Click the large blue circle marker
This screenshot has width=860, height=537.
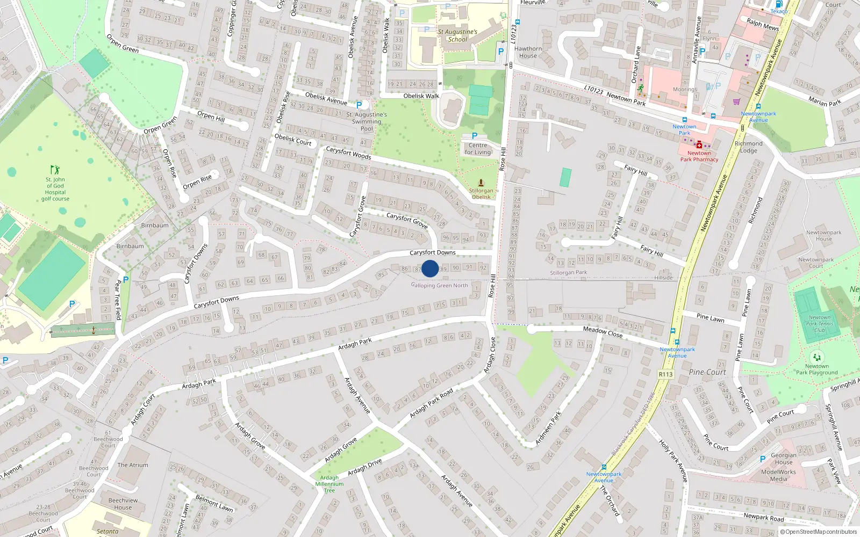tap(430, 268)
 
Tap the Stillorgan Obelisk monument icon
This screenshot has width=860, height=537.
tap(481, 183)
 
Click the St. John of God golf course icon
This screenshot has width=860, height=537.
tap(55, 170)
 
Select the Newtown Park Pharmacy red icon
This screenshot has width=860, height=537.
tap(699, 145)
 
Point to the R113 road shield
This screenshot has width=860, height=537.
tap(665, 374)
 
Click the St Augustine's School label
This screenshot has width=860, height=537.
tap(457, 35)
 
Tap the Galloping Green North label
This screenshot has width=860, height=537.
tap(440, 286)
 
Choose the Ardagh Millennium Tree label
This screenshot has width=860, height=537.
tap(329, 484)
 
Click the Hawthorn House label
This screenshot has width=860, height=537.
tap(528, 52)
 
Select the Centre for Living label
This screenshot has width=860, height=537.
tap(477, 149)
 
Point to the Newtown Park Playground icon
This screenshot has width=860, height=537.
tap(817, 357)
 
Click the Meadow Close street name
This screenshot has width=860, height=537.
tap(603, 332)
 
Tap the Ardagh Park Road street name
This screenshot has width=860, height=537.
tap(431, 403)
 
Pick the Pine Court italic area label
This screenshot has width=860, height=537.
tap(707, 372)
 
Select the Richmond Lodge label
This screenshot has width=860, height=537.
tap(748, 147)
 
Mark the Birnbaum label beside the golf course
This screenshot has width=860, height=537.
tap(154, 226)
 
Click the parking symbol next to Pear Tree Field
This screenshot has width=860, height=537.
tap(126, 280)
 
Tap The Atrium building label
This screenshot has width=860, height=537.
tap(133, 465)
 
